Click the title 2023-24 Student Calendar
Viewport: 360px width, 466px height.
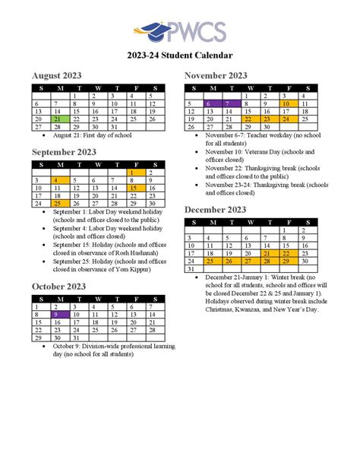coord(180,55)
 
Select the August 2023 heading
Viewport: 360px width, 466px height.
coord(57,75)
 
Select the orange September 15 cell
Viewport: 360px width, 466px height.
coord(134,188)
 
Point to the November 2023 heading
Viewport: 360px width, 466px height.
coord(216,75)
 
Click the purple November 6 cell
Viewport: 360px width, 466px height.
coord(210,103)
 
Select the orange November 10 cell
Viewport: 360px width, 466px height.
coord(286,103)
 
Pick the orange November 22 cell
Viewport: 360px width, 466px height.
coord(248,119)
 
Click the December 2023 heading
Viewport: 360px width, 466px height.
coord(215,209)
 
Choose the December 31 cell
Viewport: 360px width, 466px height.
coord(191,269)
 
